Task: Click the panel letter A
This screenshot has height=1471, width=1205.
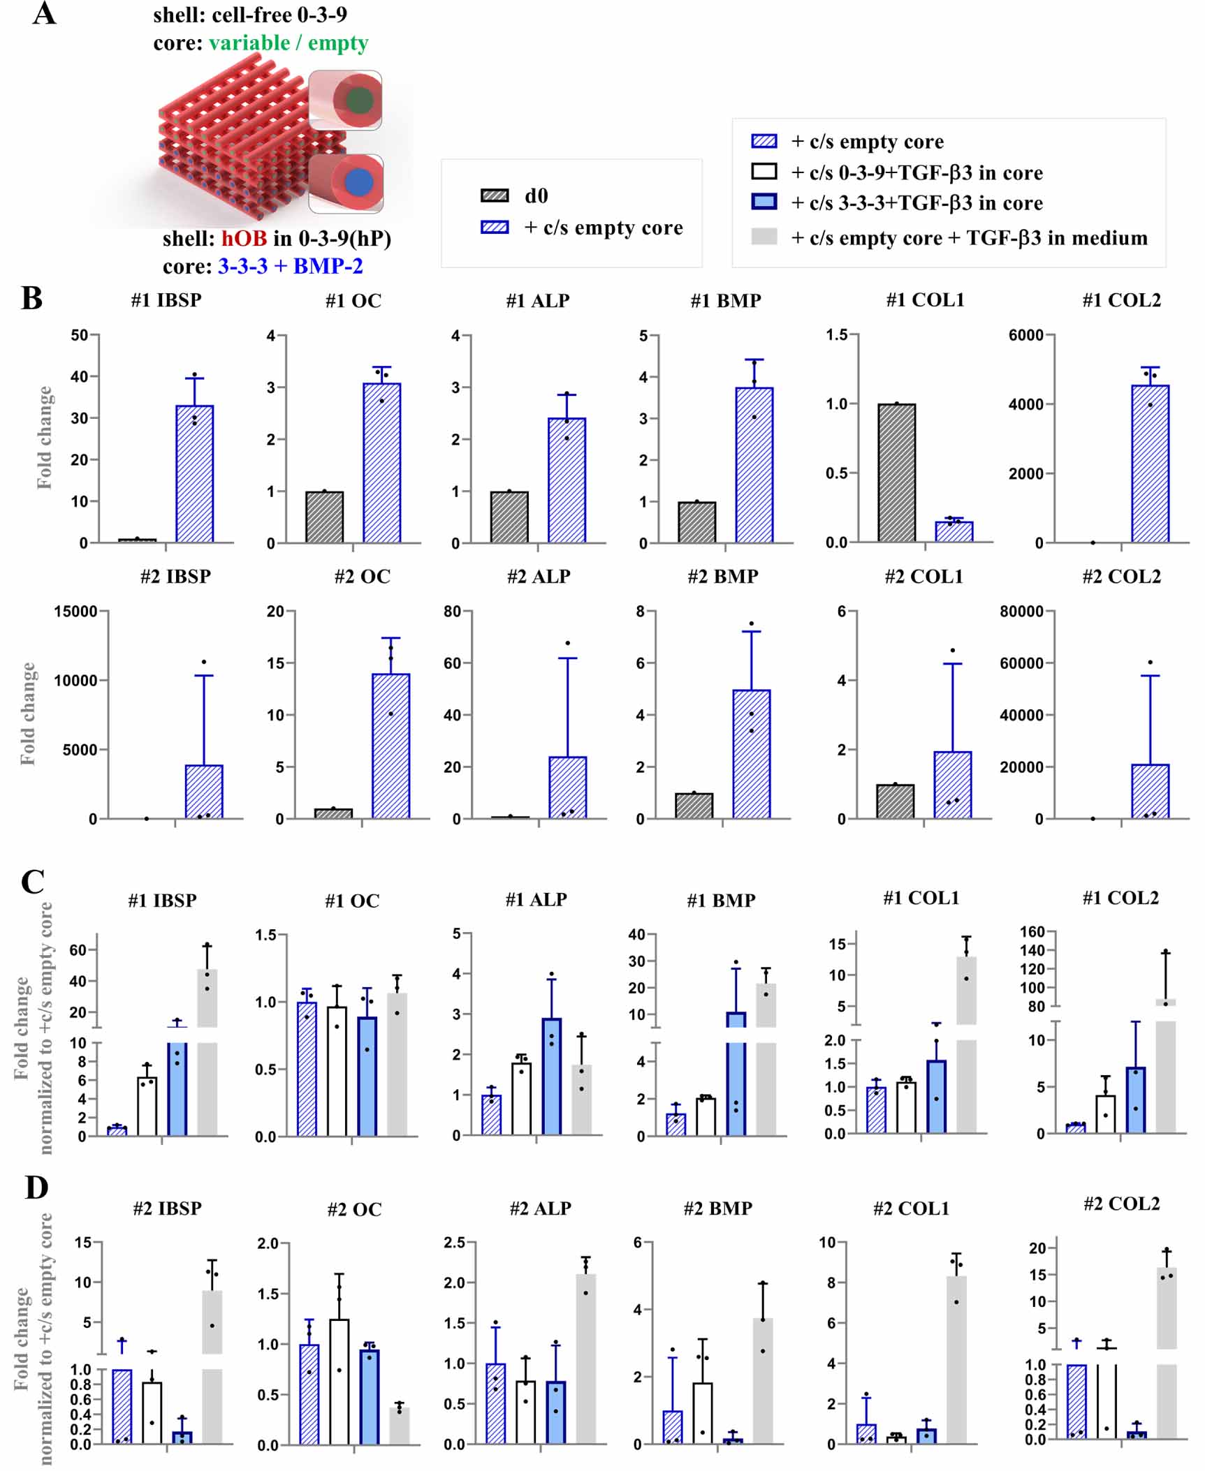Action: pos(43,14)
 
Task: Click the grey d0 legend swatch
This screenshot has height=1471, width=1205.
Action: pos(495,195)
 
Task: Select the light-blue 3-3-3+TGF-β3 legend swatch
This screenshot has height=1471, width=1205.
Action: pos(764,202)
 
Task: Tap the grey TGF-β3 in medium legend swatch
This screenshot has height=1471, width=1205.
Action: pos(764,237)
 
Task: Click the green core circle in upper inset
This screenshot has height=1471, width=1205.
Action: pos(359,100)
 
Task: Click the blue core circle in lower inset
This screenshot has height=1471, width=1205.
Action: pos(359,183)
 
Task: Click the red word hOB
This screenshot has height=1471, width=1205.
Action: pos(244,239)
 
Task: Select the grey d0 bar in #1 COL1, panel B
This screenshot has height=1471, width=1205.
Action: pos(896,473)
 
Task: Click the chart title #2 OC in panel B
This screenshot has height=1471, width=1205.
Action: pos(362,577)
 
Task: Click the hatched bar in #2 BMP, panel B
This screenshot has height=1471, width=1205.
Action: pos(751,754)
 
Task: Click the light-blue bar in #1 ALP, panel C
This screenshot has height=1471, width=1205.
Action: pos(551,1077)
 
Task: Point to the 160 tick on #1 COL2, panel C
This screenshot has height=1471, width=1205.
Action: pos(1032,931)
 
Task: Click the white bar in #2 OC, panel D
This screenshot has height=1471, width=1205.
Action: pos(339,1382)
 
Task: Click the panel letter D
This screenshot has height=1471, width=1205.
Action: pos(36,1188)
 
